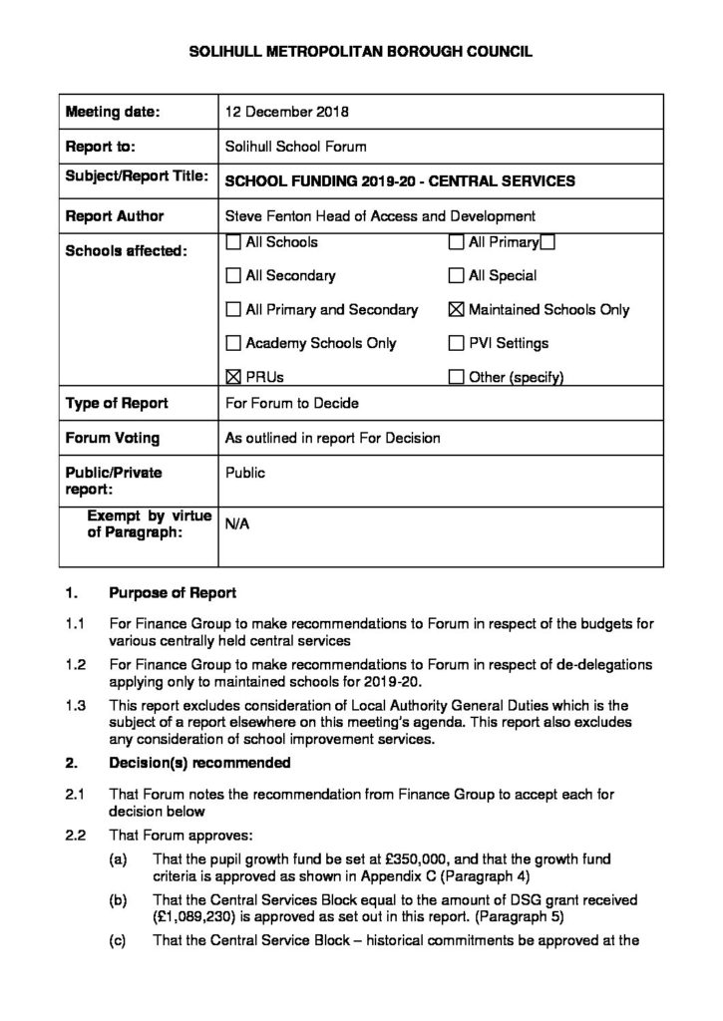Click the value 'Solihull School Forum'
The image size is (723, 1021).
[x=296, y=146]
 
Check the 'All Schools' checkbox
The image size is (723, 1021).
[x=233, y=241]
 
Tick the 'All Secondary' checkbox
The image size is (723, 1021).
[x=233, y=275]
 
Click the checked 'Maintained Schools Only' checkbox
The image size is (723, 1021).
[x=457, y=309]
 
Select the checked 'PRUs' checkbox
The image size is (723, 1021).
[x=233, y=377]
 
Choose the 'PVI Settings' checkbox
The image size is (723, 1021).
[x=457, y=343]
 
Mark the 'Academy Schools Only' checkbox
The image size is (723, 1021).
[x=233, y=343]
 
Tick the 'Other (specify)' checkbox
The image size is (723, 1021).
[x=457, y=377]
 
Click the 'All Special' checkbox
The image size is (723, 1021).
[x=457, y=275]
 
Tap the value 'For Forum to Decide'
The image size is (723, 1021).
[x=291, y=404]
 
